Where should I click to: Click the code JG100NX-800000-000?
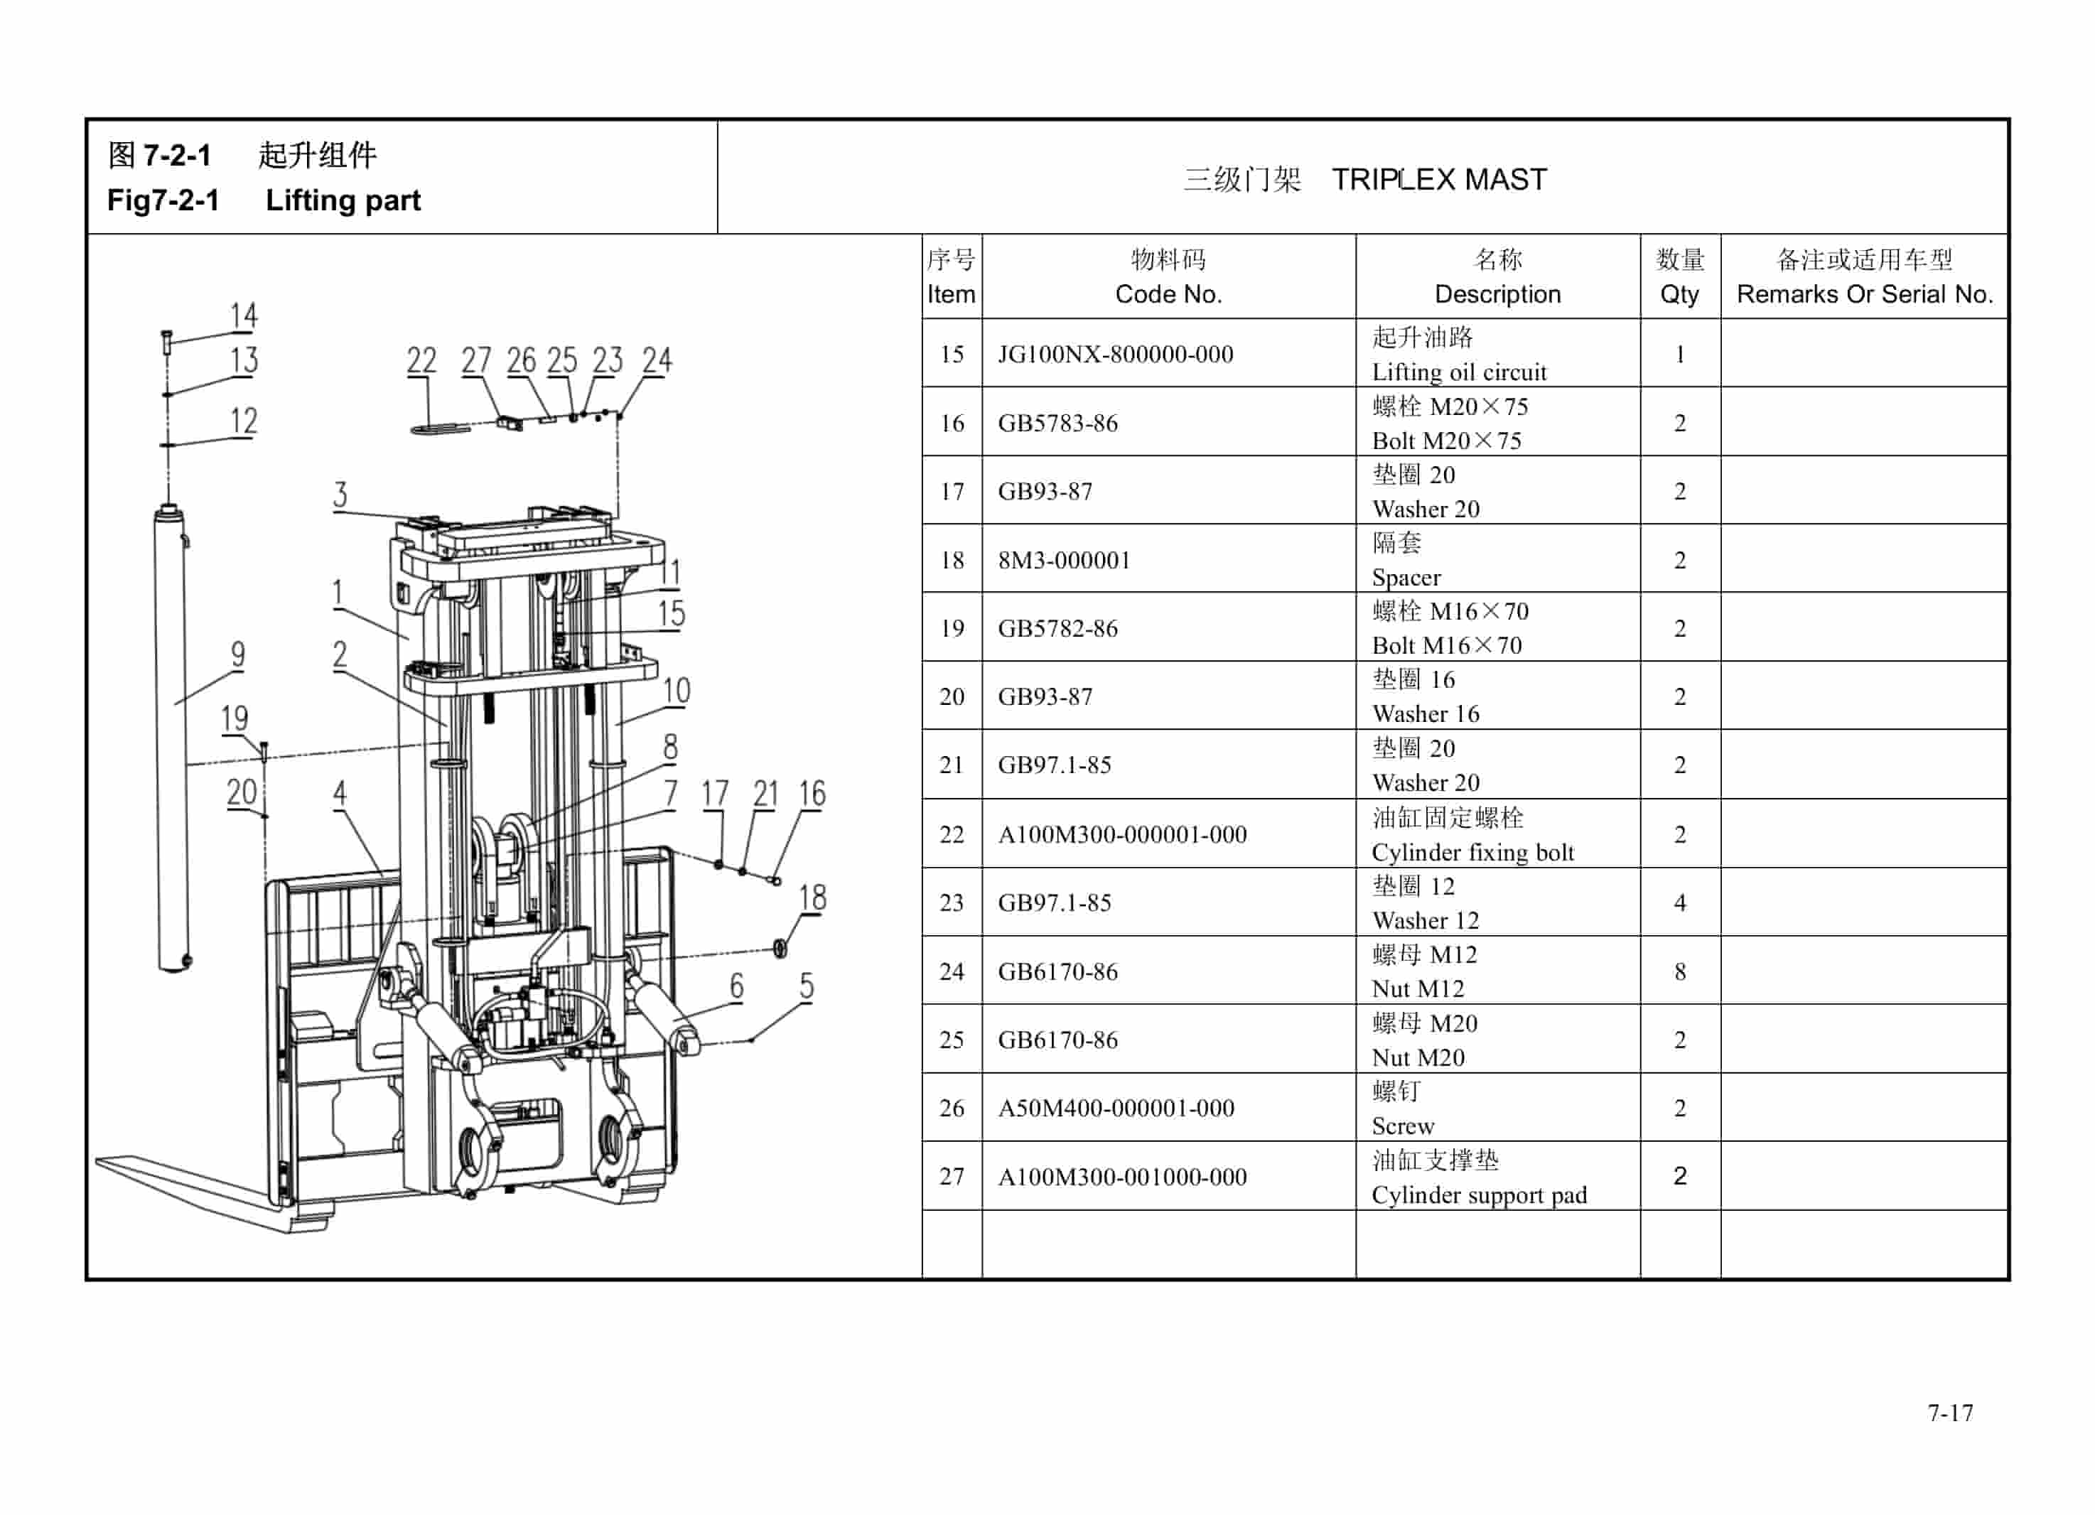[x=1115, y=354]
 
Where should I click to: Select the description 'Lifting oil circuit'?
[x=1458, y=372]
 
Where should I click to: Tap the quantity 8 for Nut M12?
[x=1679, y=971]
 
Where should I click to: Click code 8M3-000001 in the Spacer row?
[x=1063, y=560]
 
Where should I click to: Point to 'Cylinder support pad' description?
[x=1479, y=1195]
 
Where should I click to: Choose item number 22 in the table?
[x=952, y=834]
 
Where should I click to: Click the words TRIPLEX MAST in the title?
[x=1438, y=179]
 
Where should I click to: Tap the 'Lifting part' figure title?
[x=343, y=200]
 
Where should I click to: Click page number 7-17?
[x=1950, y=1413]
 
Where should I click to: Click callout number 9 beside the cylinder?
[x=238, y=654]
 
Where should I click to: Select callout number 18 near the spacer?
[x=812, y=897]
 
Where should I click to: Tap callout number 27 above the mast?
[x=475, y=360]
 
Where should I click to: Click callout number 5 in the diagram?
[x=807, y=986]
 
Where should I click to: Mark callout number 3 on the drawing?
[x=340, y=495]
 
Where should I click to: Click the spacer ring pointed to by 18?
[x=780, y=948]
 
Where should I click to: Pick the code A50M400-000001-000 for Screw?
[x=1115, y=1108]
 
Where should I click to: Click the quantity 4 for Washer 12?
[x=1679, y=902]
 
